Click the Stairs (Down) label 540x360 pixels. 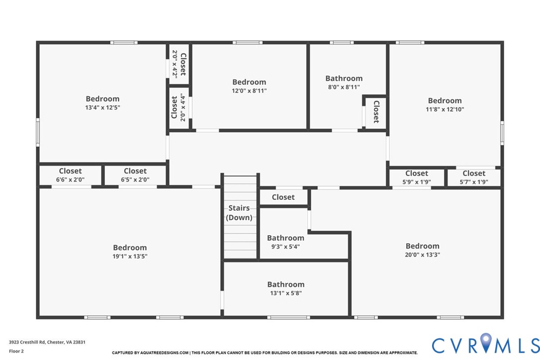pyautogui.click(x=239, y=213)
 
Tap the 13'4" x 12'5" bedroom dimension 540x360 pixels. pyautogui.click(x=102, y=107)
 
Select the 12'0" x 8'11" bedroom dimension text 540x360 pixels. pyautogui.click(x=249, y=91)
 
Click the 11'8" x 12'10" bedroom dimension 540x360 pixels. pyautogui.click(x=445, y=109)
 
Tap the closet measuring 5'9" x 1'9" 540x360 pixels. pyautogui.click(x=417, y=178)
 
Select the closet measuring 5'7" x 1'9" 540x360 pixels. pyautogui.click(x=474, y=178)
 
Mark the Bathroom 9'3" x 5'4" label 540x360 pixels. pyautogui.click(x=285, y=242)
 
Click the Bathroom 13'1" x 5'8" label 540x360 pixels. pyautogui.click(x=285, y=289)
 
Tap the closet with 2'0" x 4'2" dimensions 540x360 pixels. pyautogui.click(x=179, y=63)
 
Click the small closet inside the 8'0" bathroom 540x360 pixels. pyautogui.click(x=376, y=112)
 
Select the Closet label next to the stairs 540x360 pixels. pyautogui.click(x=283, y=197)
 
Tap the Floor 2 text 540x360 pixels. pyautogui.click(x=16, y=351)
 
